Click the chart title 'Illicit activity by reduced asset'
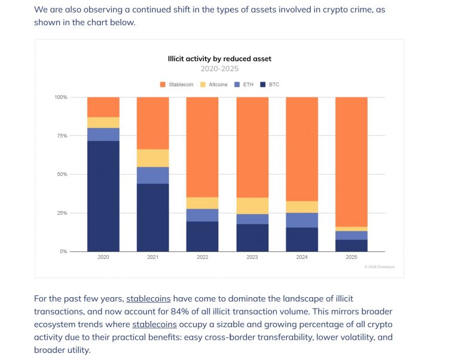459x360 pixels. (x=219, y=59)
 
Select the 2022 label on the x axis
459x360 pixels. (x=202, y=258)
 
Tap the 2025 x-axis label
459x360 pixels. (x=351, y=258)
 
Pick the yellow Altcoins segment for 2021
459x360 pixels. (x=152, y=158)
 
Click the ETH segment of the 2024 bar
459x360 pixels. (x=301, y=220)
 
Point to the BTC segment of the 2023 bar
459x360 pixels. (x=252, y=237)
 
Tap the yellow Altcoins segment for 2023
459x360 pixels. (x=252, y=206)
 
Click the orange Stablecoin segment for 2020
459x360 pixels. (x=103, y=107)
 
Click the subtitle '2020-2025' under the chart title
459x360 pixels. (x=219, y=69)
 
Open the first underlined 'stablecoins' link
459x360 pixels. (x=148, y=298)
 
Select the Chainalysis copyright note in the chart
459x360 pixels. (x=380, y=267)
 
